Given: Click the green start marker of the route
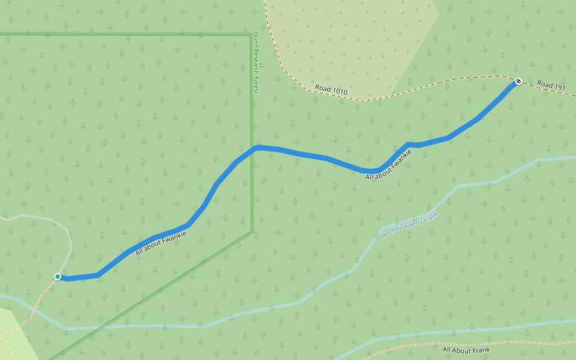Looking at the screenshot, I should tap(58, 277).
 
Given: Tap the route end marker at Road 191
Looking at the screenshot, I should tap(518, 81).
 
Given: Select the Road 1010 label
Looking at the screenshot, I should tap(331, 91).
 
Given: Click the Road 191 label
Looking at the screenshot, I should tap(551, 86).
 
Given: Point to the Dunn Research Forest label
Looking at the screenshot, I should tap(255, 62).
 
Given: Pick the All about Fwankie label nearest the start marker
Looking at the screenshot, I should tap(161, 242).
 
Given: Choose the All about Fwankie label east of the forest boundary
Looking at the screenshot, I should tap(389, 164).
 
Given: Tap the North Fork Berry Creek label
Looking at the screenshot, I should tap(410, 225).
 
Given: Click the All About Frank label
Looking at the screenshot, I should tap(466, 350).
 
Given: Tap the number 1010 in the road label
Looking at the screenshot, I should tap(338, 92).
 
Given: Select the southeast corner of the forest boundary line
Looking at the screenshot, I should tap(251, 232).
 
